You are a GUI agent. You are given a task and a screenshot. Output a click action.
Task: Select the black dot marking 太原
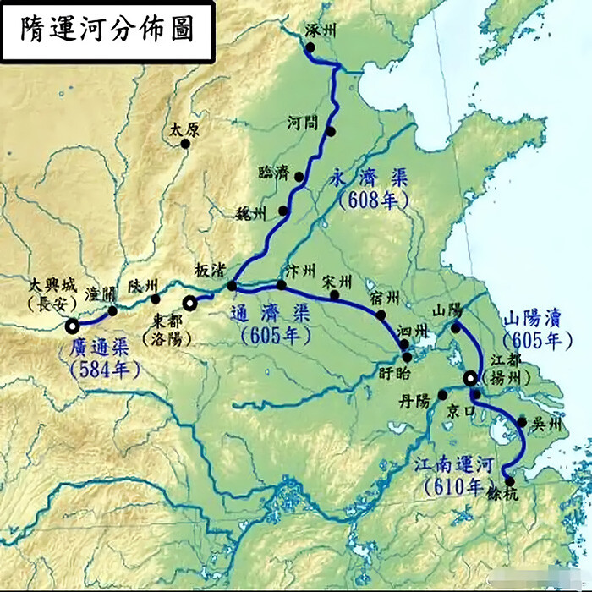click(x=185, y=144)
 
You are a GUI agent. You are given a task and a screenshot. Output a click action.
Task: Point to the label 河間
click(x=302, y=123)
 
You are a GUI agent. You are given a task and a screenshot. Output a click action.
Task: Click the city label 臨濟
click(x=274, y=173)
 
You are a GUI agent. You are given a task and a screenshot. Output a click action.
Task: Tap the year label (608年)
click(x=372, y=200)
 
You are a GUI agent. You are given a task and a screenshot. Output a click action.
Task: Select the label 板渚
click(x=209, y=269)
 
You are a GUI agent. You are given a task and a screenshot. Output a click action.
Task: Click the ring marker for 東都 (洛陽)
click(x=191, y=301)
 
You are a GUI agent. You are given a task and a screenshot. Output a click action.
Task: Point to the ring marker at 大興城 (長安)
click(x=73, y=324)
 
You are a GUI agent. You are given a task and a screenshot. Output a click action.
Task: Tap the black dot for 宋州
click(x=335, y=295)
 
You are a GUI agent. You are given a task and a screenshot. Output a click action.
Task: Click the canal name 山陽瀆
click(x=532, y=319)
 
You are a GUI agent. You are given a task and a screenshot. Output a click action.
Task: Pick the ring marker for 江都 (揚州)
click(x=469, y=377)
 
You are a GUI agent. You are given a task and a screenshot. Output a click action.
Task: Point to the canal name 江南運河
click(x=454, y=464)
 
